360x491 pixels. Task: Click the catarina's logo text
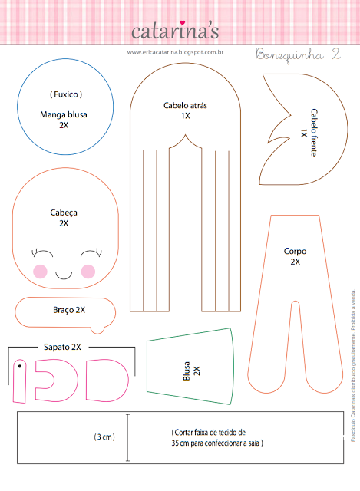175,31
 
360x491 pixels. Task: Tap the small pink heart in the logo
183,23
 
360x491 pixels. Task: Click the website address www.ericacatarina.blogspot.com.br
175,52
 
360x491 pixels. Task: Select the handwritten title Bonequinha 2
298,54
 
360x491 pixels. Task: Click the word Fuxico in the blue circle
66,94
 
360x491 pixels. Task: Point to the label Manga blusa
64,114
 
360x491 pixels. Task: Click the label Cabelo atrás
185,106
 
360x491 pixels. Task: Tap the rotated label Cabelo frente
314,133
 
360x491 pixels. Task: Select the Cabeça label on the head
64,213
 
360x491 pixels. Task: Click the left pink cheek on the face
40,272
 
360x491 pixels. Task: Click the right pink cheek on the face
88,272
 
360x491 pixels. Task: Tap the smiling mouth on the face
64,275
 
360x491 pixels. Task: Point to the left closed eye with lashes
42,252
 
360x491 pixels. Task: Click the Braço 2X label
69,310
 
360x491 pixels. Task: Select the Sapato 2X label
62,347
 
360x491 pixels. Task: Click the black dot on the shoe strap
20,366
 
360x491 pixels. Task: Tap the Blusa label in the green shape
187,371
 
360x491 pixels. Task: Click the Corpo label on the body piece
296,251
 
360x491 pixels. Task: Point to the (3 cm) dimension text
104,437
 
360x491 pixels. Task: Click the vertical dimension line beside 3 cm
127,437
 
